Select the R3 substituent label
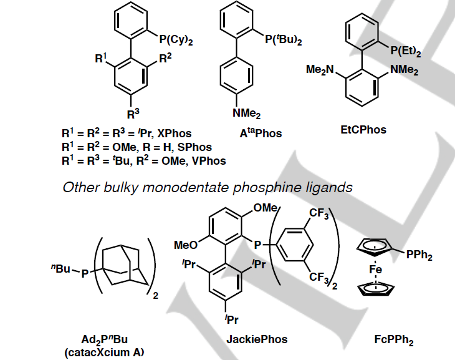coord(133,114)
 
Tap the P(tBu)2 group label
coord(284,41)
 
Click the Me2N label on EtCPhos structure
coord(321,70)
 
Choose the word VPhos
coord(209,160)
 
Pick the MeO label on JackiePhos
coord(186,241)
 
